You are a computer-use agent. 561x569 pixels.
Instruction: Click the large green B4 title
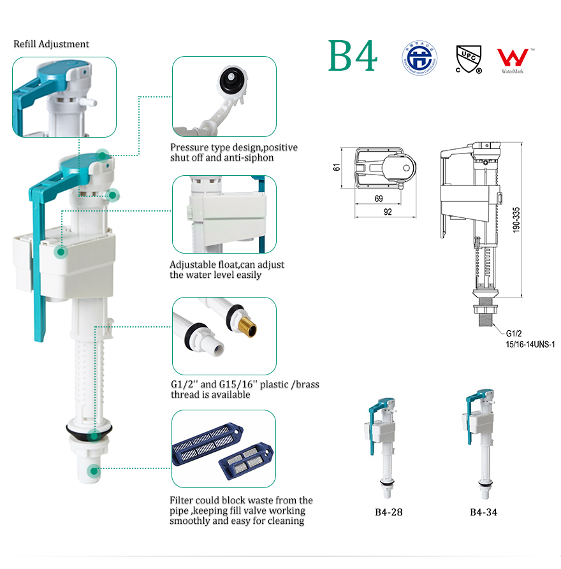[353, 56]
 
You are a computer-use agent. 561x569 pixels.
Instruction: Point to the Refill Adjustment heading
[52, 44]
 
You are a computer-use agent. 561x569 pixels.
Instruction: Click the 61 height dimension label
[337, 169]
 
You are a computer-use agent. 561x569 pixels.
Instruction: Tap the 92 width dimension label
[387, 213]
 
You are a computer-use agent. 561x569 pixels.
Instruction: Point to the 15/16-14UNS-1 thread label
[530, 344]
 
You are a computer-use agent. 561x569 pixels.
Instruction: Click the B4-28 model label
[388, 512]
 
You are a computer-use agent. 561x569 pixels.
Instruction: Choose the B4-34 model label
[484, 512]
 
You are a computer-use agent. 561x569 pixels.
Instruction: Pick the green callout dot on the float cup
[61, 252]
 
